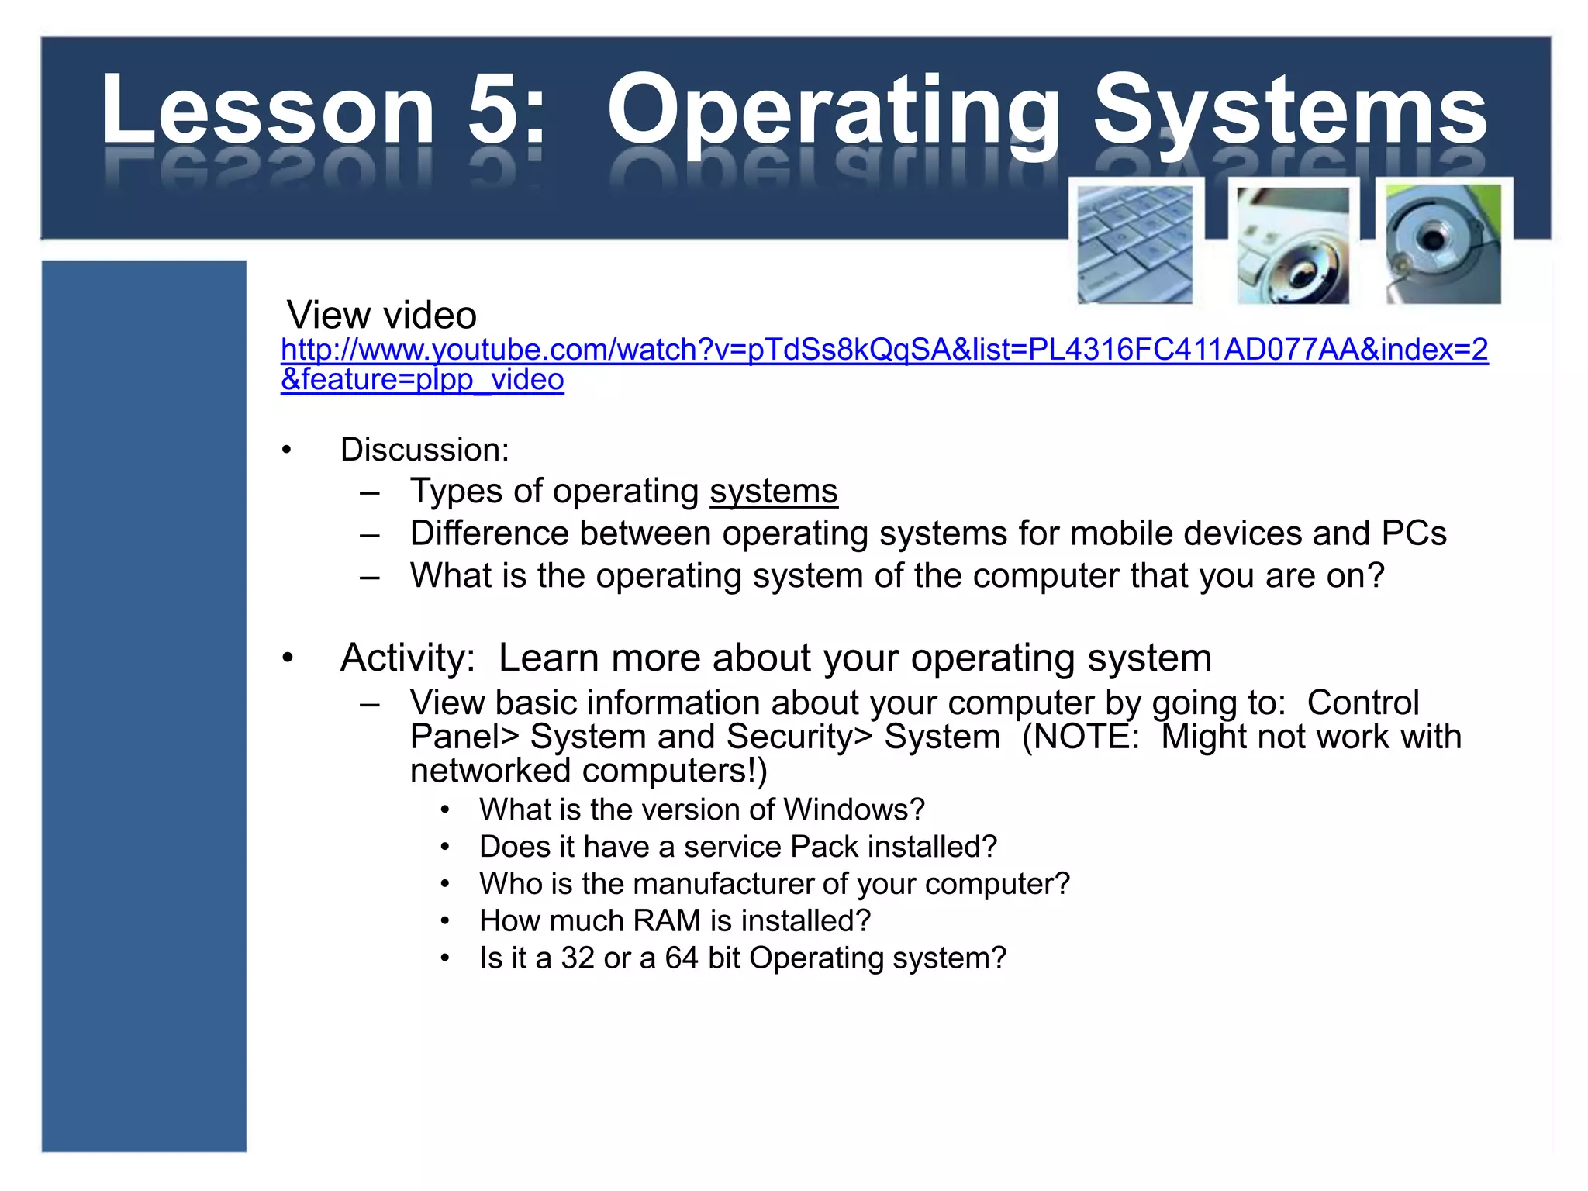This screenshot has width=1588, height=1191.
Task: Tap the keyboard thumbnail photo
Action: (x=1134, y=244)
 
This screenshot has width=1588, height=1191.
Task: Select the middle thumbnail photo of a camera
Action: (x=1292, y=245)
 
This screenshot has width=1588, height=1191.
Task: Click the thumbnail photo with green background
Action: (x=1443, y=243)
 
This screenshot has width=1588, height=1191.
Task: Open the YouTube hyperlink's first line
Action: (x=884, y=350)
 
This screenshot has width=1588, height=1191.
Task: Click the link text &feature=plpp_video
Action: (x=422, y=380)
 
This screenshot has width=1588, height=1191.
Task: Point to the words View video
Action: (x=381, y=316)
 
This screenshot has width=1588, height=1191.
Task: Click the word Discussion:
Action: (x=424, y=450)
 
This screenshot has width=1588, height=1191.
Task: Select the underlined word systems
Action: (x=773, y=492)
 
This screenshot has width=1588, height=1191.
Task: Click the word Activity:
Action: (x=407, y=658)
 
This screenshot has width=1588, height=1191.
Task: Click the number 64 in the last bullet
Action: (x=682, y=958)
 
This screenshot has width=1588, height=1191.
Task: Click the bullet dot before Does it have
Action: (x=445, y=847)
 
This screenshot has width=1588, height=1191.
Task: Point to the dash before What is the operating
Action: (x=370, y=576)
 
